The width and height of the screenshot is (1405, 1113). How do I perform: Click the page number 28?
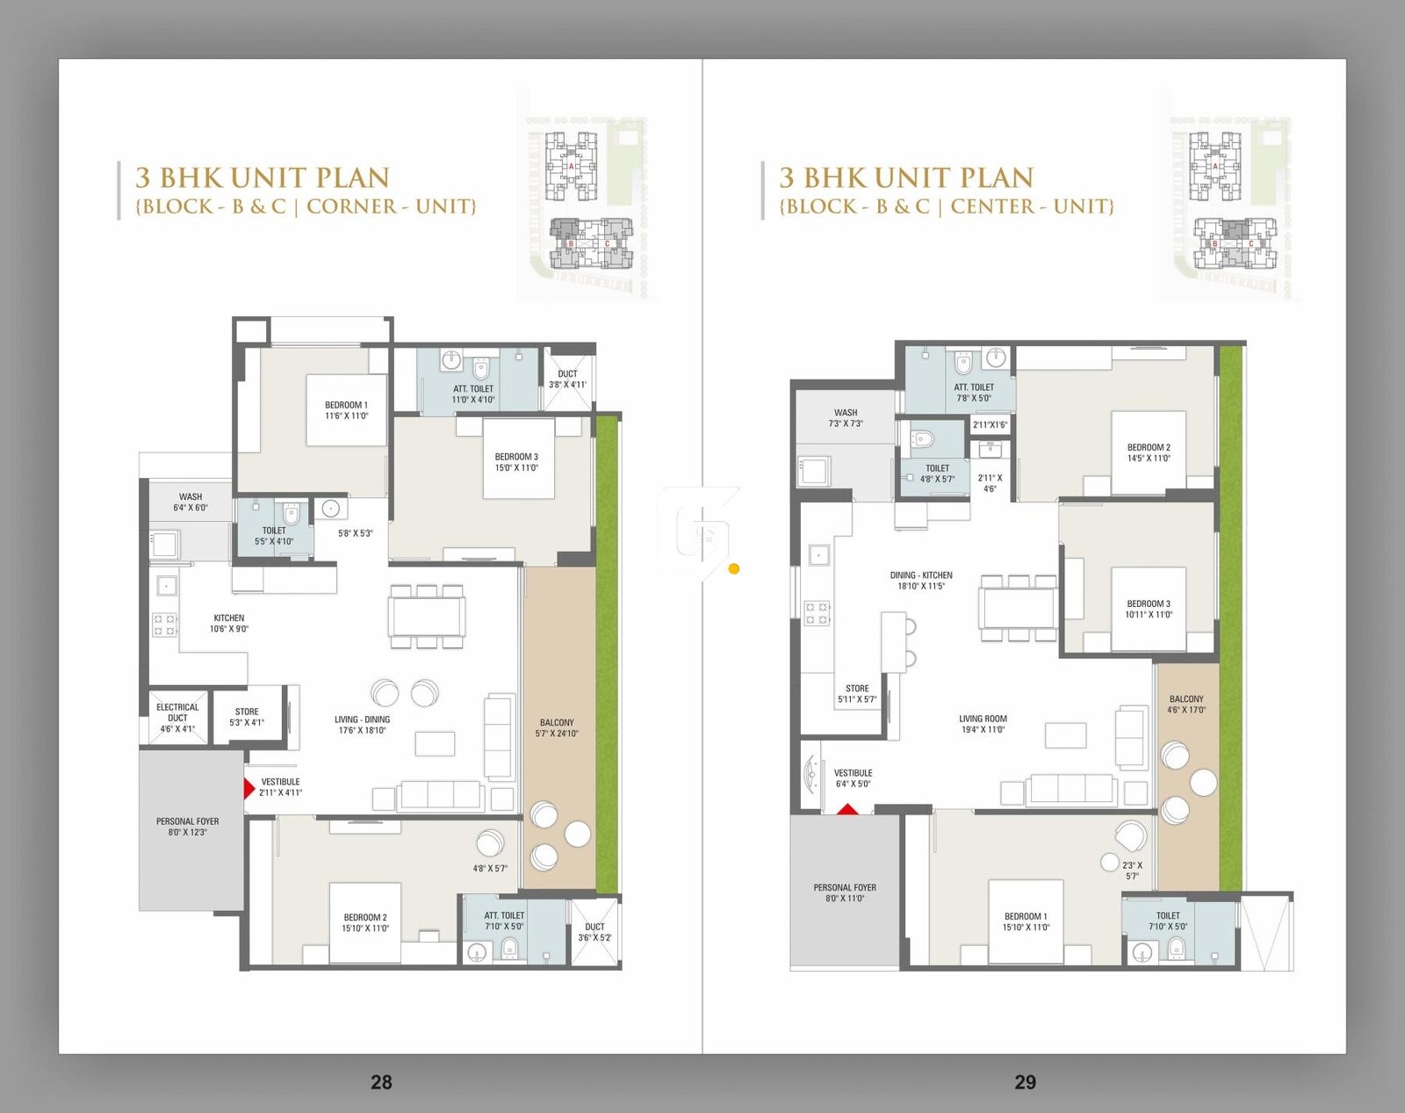(x=381, y=1082)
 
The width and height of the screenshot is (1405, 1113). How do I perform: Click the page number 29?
(x=1025, y=1082)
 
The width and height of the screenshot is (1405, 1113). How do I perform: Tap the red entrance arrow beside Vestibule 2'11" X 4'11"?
(x=249, y=788)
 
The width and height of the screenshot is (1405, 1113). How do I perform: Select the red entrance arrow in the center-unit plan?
(x=847, y=809)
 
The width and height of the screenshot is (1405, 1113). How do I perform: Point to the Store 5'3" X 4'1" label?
(x=247, y=717)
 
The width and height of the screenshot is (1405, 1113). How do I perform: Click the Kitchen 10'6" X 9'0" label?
(x=228, y=623)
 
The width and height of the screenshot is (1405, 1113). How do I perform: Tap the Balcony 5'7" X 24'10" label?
(x=557, y=727)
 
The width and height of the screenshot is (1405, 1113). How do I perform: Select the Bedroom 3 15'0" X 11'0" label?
(x=516, y=462)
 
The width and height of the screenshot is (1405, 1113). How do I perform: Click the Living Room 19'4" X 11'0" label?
(x=983, y=724)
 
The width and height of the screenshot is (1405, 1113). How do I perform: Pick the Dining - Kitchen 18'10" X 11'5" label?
(x=921, y=581)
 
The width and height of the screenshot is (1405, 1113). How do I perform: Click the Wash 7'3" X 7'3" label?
(x=846, y=417)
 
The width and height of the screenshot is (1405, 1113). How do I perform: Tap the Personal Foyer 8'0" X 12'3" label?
(x=187, y=827)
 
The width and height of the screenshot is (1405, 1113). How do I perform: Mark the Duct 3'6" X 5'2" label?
(x=594, y=932)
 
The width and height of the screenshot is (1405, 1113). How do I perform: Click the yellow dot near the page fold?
(x=734, y=569)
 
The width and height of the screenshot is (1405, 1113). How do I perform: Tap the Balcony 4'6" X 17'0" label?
(x=1186, y=705)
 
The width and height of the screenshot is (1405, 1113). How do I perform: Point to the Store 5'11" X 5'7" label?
(x=857, y=694)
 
